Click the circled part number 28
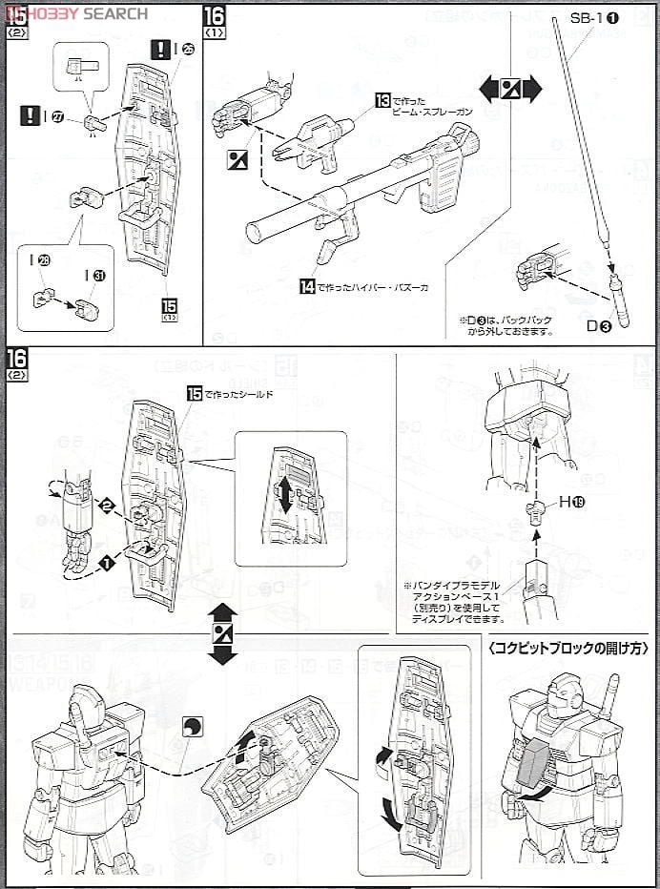tap(43, 260)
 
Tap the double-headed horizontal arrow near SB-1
tap(509, 91)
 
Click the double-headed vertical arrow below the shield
tap(222, 633)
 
